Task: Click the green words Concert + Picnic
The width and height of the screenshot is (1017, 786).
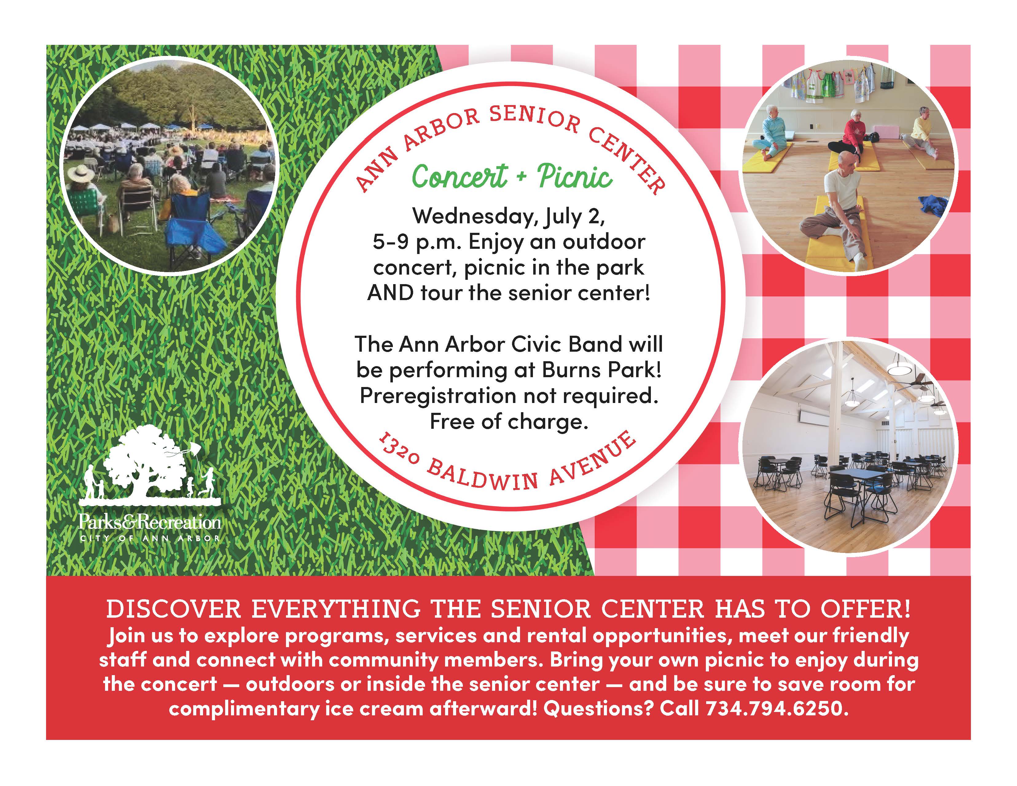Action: [x=512, y=177]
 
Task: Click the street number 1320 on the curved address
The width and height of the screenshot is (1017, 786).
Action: [x=400, y=450]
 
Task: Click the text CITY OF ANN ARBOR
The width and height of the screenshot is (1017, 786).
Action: [x=150, y=538]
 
